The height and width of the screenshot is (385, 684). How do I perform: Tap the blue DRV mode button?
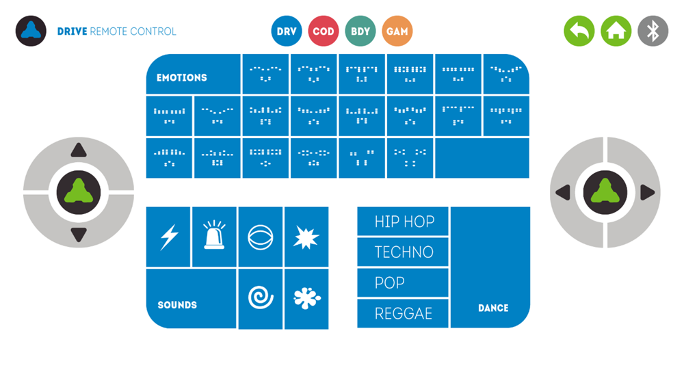click(x=287, y=31)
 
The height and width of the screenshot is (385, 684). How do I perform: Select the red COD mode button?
click(x=324, y=31)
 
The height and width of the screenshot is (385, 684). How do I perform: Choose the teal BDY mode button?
click(x=360, y=31)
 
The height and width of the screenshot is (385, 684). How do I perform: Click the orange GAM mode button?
click(x=397, y=31)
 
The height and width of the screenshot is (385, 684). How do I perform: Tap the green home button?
click(x=616, y=31)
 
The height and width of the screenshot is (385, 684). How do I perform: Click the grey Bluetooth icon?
click(x=653, y=31)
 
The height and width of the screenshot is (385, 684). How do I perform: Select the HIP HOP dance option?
click(x=403, y=222)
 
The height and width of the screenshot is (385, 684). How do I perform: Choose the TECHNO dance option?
click(x=403, y=252)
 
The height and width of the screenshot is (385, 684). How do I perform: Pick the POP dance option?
click(x=403, y=282)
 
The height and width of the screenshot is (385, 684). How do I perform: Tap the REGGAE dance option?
click(x=403, y=313)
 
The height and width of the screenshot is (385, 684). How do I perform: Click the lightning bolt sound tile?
click(x=169, y=237)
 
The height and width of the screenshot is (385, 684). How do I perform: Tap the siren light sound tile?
click(x=214, y=237)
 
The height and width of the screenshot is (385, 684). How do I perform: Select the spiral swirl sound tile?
click(x=261, y=298)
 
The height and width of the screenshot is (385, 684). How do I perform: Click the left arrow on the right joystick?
click(x=563, y=193)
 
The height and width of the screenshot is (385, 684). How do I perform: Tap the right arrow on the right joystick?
click(x=647, y=193)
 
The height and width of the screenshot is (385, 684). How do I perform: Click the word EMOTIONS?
click(x=182, y=78)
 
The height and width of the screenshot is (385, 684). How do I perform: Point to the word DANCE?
click(x=493, y=308)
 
